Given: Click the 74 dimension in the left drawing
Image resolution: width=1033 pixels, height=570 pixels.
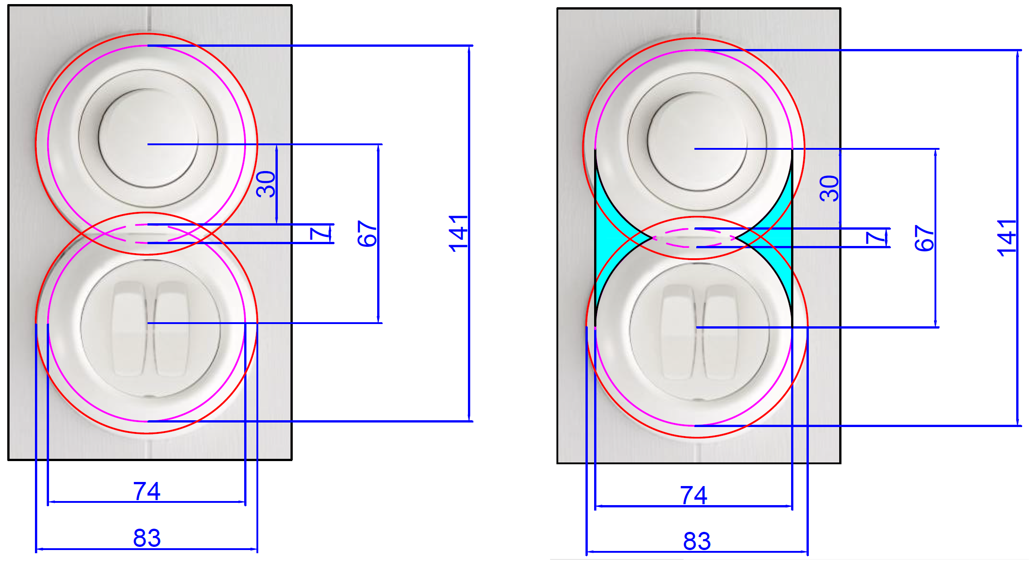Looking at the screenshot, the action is (147, 491).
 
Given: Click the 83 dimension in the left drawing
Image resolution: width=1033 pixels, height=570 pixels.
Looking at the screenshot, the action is (147, 538).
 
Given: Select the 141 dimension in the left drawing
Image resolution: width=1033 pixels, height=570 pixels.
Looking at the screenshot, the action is (458, 233).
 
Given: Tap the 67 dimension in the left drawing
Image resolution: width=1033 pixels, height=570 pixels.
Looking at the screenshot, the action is (367, 234).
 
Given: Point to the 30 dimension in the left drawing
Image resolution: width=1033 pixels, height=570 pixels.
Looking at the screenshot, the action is (266, 184).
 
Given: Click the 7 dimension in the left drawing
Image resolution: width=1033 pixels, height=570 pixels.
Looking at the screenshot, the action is (320, 234).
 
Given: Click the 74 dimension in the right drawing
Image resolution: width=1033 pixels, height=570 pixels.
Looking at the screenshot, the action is (694, 495).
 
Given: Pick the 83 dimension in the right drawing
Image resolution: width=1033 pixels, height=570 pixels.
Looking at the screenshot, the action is (697, 541).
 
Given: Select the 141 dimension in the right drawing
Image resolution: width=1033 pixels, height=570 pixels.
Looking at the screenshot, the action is (1007, 238).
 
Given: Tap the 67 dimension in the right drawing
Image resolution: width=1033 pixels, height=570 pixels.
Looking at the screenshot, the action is (925, 238).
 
